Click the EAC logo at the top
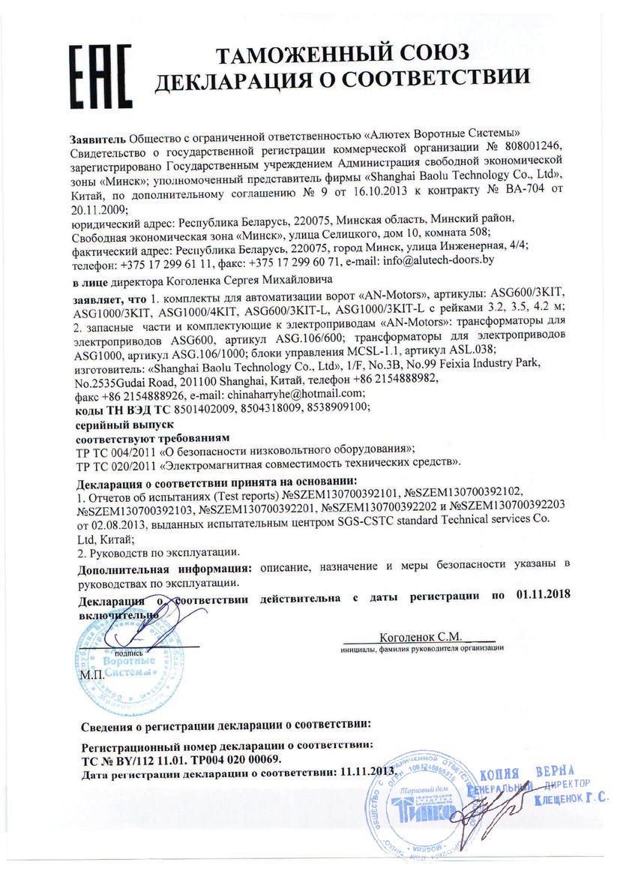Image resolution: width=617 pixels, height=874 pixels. click(x=100, y=76)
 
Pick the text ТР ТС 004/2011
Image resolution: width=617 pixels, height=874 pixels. click(x=118, y=450)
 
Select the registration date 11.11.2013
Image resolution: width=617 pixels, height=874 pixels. click(x=367, y=772)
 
